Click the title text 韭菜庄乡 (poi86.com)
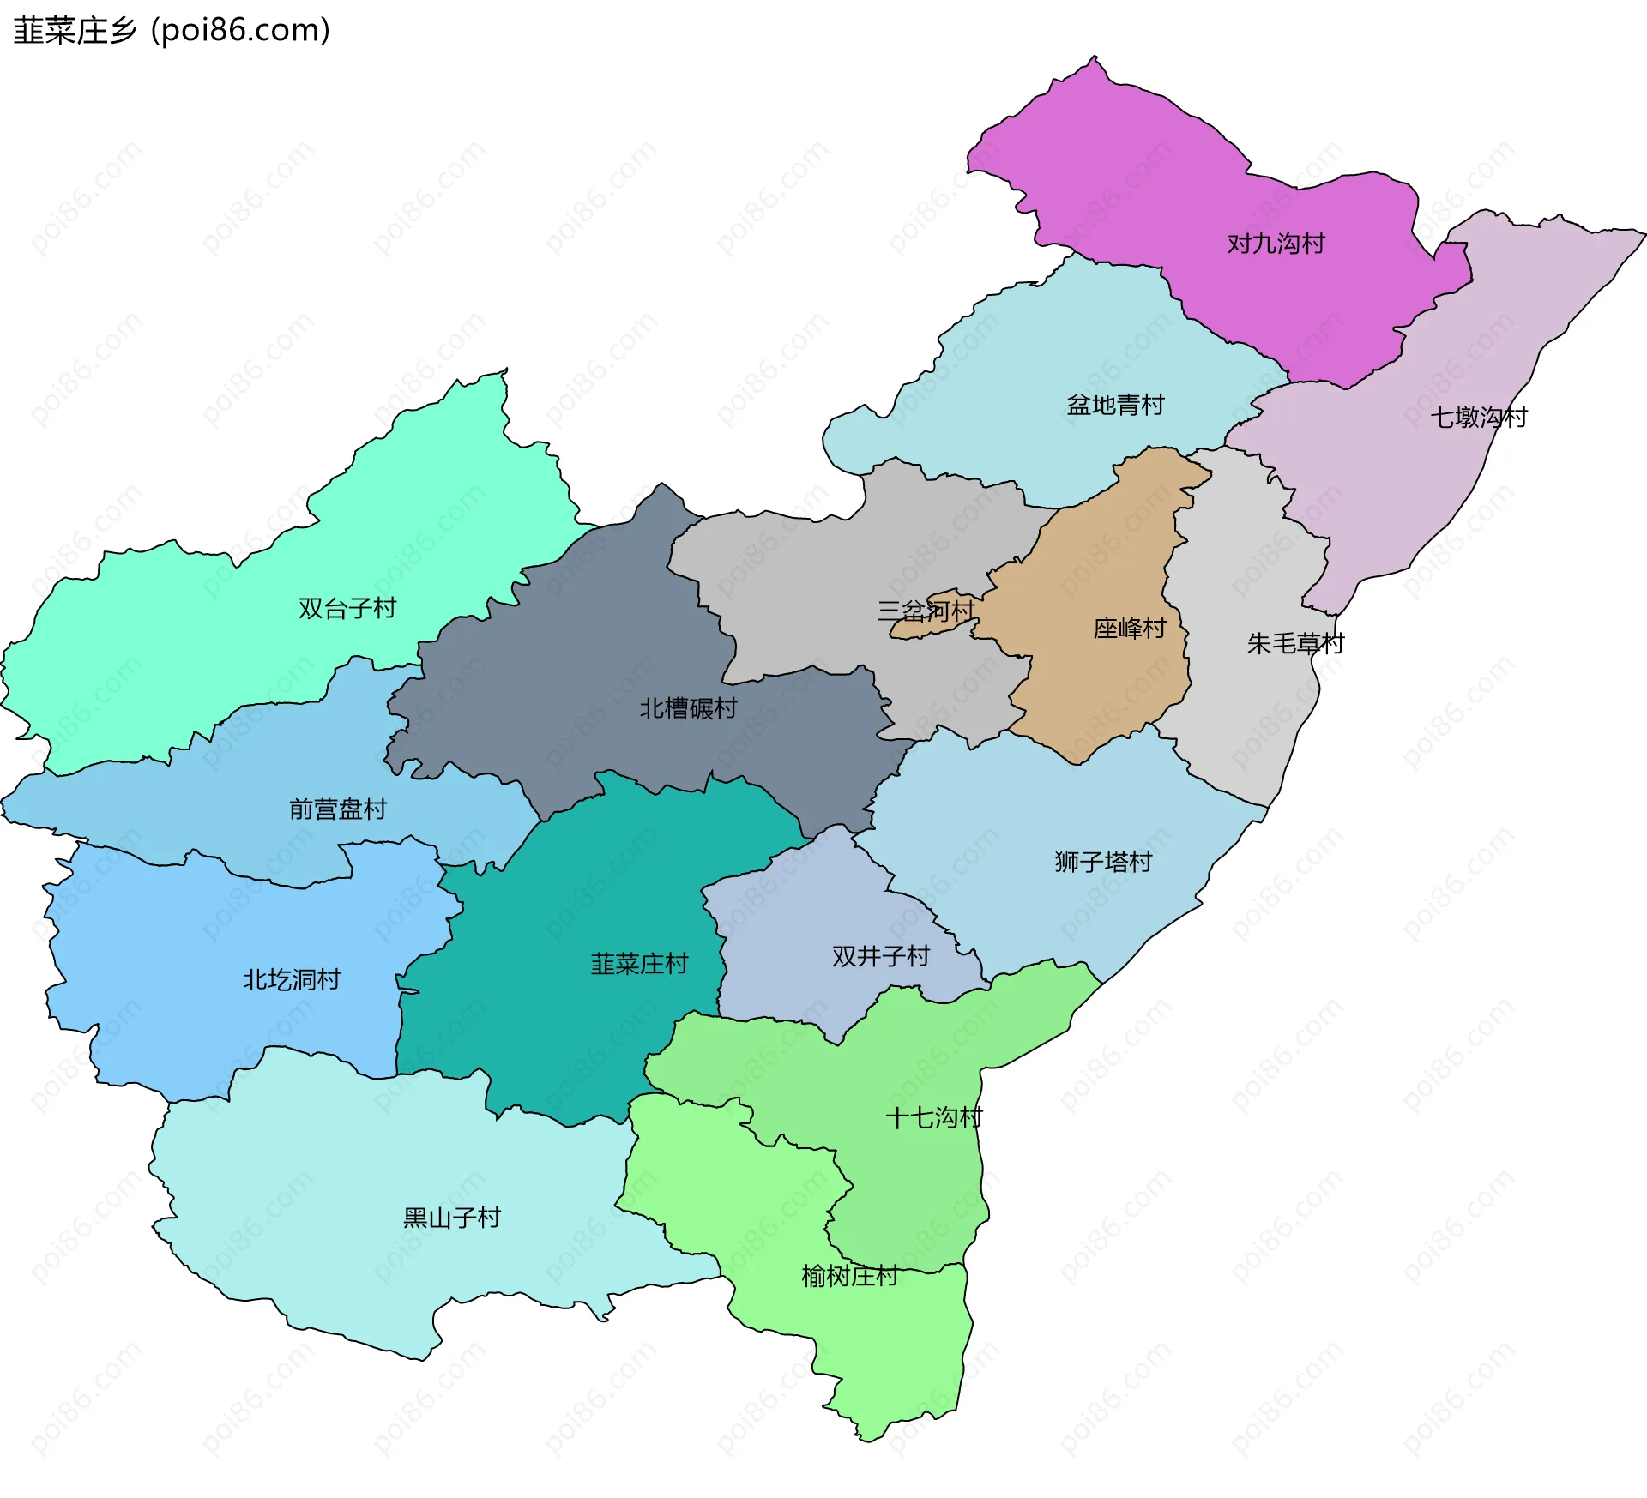[x=172, y=31]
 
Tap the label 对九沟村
[x=1276, y=244]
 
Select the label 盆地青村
[x=1115, y=405]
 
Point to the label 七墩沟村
[x=1478, y=418]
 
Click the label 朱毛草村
[x=1294, y=643]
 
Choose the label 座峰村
[x=1130, y=629]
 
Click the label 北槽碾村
[x=688, y=708]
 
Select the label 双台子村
[x=347, y=608]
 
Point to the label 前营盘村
[x=337, y=809]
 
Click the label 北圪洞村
[x=291, y=979]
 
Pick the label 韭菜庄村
[x=639, y=964]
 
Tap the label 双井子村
[x=880, y=956]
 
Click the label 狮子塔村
[x=1103, y=862]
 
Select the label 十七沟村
[x=933, y=1118]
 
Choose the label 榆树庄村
[x=849, y=1277]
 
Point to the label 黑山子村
[x=451, y=1218]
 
